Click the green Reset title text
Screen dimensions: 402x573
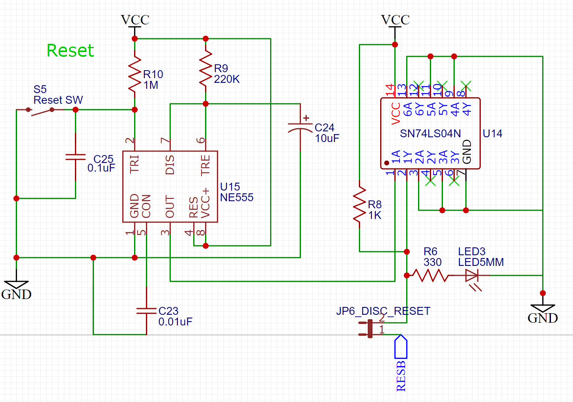[x=70, y=50]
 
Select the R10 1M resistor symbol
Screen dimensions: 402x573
[x=135, y=74]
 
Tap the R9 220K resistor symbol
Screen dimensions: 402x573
[x=205, y=69]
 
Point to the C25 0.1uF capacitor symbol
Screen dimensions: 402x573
[x=75, y=157]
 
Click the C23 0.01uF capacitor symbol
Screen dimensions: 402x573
[x=146, y=311]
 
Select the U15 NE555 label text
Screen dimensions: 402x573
[x=236, y=192]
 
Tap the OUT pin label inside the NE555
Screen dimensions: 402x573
[x=170, y=206]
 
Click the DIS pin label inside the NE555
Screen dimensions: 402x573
[x=170, y=165]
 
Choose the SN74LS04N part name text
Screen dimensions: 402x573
[x=430, y=134]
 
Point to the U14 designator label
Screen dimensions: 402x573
[x=492, y=134]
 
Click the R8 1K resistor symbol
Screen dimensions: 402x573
[x=359, y=205]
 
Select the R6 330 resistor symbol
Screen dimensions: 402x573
[x=430, y=275]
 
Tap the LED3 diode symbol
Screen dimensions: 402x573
[x=472, y=276]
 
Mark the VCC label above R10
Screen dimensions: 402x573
[x=135, y=20]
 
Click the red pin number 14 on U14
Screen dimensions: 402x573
[x=390, y=90]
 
